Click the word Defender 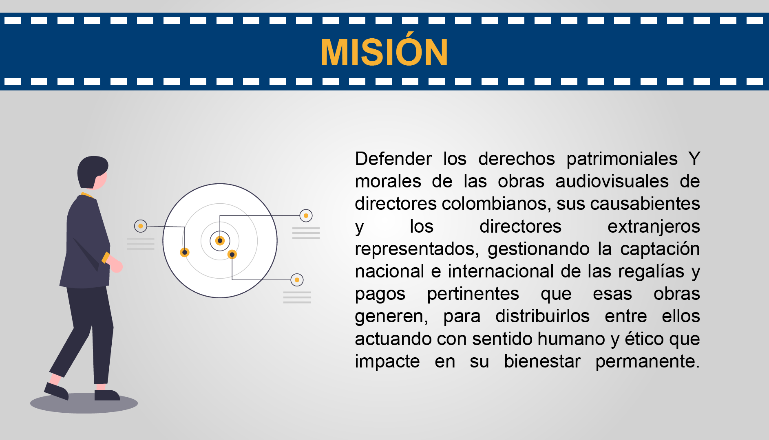[393, 158]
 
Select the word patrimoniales [622, 158]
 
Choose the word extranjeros [654, 227]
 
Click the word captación [660, 249]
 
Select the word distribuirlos [542, 316]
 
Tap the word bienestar [542, 361]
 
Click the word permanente [647, 362]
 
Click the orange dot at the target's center [220, 241]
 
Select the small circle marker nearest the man [141, 226]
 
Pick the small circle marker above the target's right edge [306, 216]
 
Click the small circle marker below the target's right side [297, 280]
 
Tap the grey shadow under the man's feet [84, 403]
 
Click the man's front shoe [107, 395]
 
